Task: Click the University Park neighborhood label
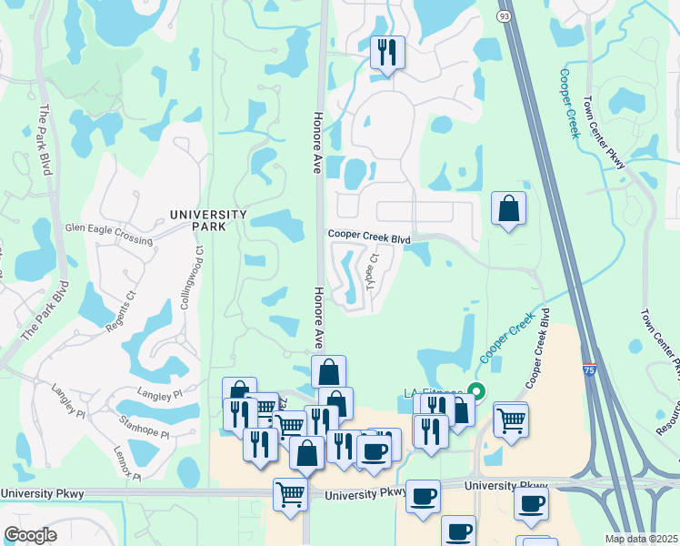[208, 220]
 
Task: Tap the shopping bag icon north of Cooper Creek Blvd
[508, 208]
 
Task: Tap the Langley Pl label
[160, 393]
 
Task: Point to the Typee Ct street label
[372, 269]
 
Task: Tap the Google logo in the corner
[30, 534]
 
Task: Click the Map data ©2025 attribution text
[641, 539]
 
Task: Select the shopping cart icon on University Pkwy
[290, 496]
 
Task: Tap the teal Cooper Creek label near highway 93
[569, 103]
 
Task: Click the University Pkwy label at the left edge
[43, 494]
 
